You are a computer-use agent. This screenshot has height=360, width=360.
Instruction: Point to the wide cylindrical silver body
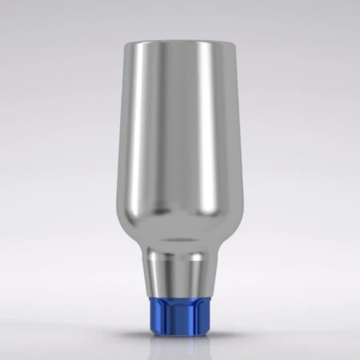(179, 144)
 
